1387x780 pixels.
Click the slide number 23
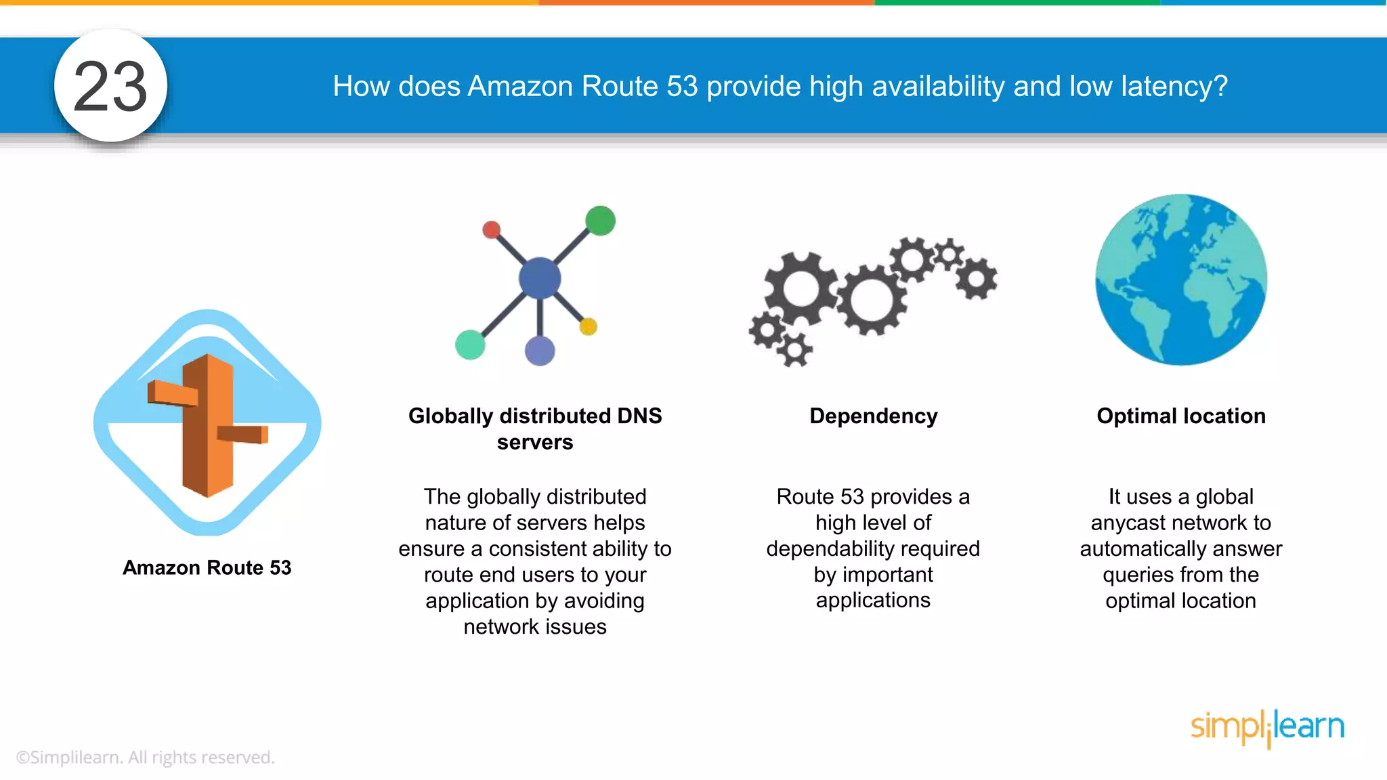coord(110,86)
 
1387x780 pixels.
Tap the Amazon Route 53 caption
coord(207,567)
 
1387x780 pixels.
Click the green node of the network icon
coord(600,221)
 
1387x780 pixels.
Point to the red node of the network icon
coord(492,230)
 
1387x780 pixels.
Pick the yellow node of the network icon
coord(588,327)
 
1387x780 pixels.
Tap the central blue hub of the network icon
coord(540,278)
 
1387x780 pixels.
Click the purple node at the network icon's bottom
coord(540,351)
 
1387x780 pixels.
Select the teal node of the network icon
coord(470,345)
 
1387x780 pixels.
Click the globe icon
coord(1181,280)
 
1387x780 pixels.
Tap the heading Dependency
coord(873,416)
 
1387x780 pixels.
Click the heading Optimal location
coord(1181,416)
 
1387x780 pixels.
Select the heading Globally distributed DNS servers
coord(535,429)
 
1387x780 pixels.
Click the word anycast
coord(1131,523)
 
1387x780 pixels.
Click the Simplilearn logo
coord(1267,727)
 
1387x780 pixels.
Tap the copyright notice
coord(145,757)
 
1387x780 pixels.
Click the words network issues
coord(535,627)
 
